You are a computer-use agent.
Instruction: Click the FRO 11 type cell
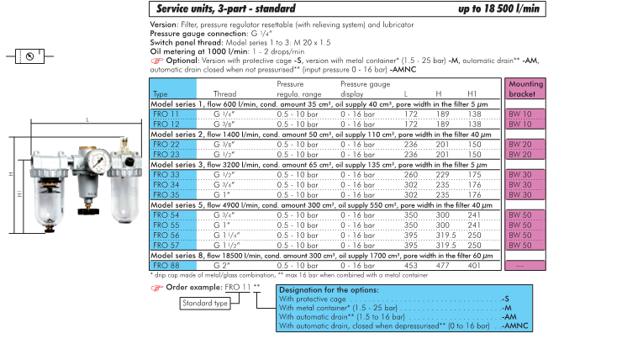click(166, 112)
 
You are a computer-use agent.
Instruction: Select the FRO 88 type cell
click(166, 265)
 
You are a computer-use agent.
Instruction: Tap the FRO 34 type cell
click(166, 184)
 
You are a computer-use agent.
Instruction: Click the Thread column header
click(225, 94)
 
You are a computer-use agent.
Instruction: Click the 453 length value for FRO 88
click(411, 265)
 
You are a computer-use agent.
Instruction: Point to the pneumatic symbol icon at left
click(30, 57)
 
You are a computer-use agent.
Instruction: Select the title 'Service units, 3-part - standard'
click(226, 8)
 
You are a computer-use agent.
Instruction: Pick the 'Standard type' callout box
click(206, 303)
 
